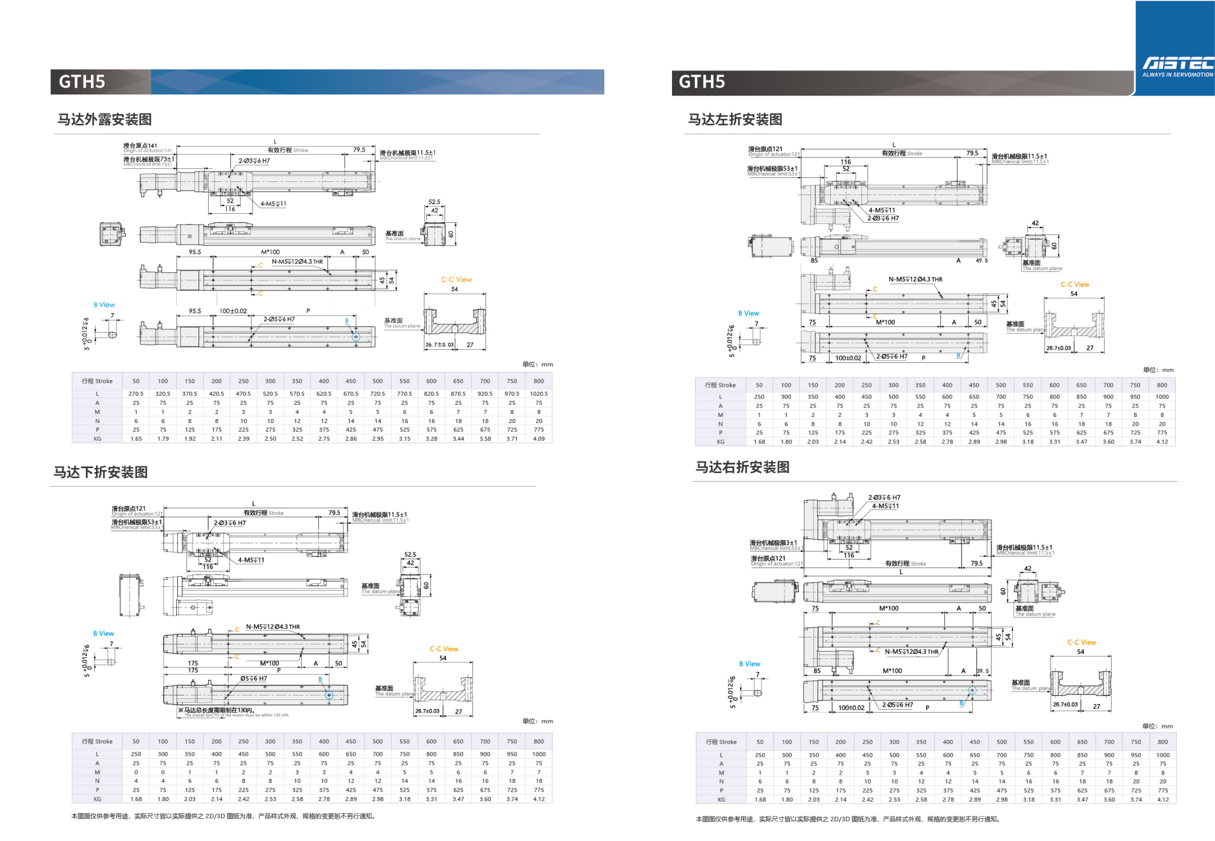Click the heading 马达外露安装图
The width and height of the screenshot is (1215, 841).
[105, 119]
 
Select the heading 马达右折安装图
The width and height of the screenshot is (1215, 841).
[743, 467]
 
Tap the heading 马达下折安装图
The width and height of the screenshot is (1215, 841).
[101, 473]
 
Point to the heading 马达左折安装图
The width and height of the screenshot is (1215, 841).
[735, 119]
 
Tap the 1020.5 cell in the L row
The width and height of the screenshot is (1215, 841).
[538, 393]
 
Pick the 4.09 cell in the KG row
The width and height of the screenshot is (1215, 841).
[538, 439]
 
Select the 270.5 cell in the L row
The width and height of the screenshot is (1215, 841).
[136, 393]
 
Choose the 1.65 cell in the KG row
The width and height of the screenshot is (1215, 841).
[136, 439]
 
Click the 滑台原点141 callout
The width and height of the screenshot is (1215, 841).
[140, 146]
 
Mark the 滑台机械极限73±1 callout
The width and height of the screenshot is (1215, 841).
[148, 159]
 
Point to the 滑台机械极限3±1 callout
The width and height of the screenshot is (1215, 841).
[773, 543]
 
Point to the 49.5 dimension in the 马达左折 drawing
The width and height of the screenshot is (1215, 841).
[982, 260]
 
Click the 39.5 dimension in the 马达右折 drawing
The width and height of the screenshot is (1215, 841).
[983, 671]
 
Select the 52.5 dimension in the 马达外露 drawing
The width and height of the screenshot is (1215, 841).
[434, 202]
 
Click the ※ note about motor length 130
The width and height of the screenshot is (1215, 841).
[216, 710]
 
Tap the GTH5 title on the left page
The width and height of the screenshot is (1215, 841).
[82, 82]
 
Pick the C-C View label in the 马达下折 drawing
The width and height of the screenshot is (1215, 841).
[443, 649]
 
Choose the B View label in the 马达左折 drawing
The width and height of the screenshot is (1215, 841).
[748, 313]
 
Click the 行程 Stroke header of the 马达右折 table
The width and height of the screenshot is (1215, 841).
[721, 742]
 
